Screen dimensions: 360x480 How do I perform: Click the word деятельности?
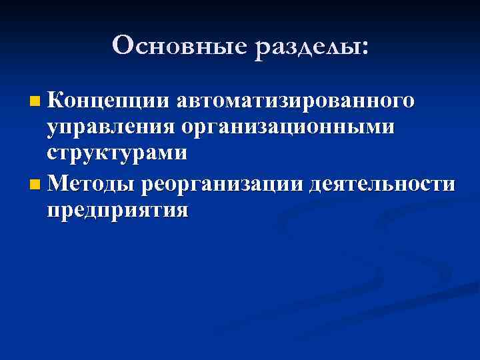coord(383,183)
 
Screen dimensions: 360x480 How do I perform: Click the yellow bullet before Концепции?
coord(35,103)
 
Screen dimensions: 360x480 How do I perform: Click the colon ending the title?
coord(363,48)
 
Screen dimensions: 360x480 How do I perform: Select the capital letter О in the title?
coord(124,45)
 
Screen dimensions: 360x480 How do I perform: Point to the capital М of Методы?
coord(58,182)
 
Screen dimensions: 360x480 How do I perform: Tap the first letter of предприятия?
coord(53,211)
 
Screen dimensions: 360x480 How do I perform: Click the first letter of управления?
coord(53,129)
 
